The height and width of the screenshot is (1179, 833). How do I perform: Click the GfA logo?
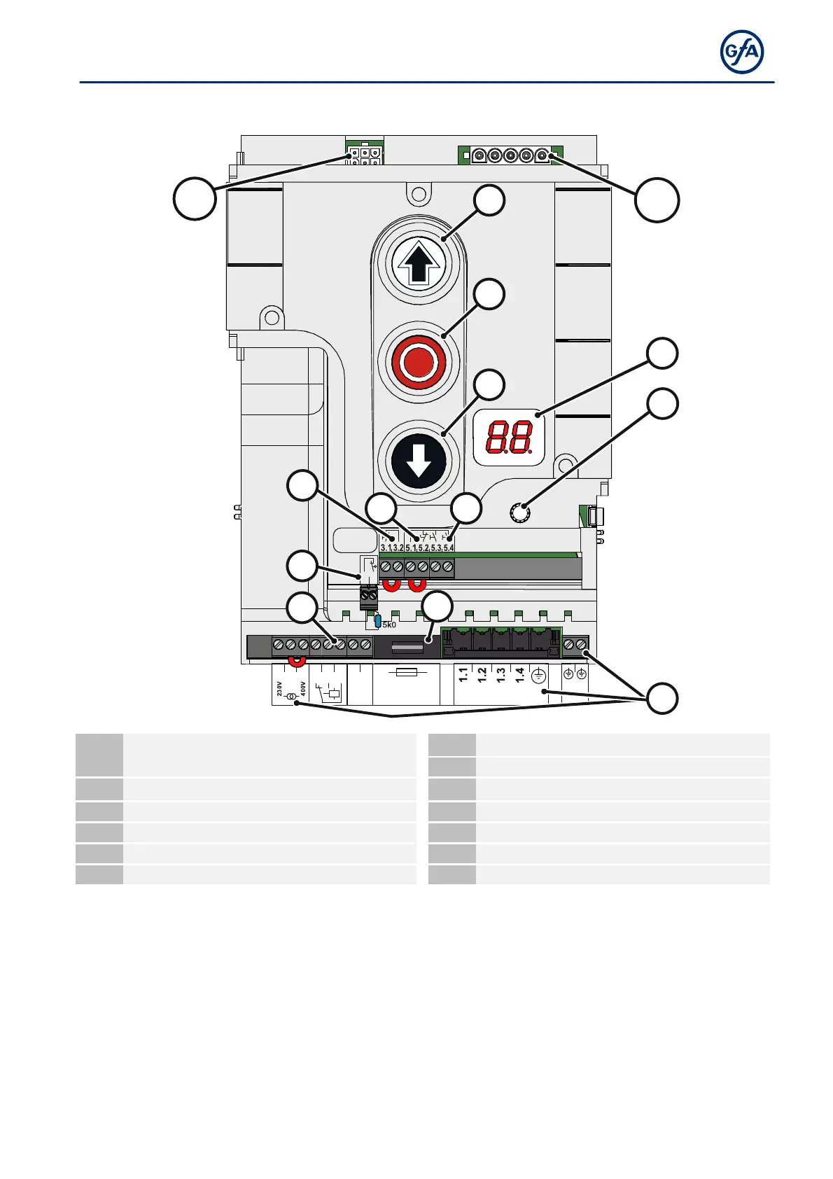tap(742, 52)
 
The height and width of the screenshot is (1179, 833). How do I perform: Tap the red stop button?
tap(418, 362)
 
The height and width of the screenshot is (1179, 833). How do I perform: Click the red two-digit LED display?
tap(509, 438)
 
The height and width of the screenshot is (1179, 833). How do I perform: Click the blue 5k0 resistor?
tap(378, 621)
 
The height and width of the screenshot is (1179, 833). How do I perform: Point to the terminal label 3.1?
tap(386, 547)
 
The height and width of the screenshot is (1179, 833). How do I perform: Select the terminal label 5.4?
tap(448, 547)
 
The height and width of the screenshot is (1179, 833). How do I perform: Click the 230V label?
tap(279, 688)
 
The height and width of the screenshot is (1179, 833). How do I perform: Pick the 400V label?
tap(303, 688)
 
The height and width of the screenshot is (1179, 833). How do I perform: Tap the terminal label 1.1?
tap(463, 675)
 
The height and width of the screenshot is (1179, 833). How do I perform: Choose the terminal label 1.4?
tap(520, 675)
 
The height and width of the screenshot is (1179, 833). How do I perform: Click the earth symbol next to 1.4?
tap(538, 676)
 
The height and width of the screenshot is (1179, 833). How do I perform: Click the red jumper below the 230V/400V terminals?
tap(297, 660)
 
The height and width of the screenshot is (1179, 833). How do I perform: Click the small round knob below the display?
tap(519, 514)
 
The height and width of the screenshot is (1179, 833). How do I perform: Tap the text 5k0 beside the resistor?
tap(389, 625)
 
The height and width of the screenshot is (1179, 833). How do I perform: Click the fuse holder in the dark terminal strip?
tap(407, 647)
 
